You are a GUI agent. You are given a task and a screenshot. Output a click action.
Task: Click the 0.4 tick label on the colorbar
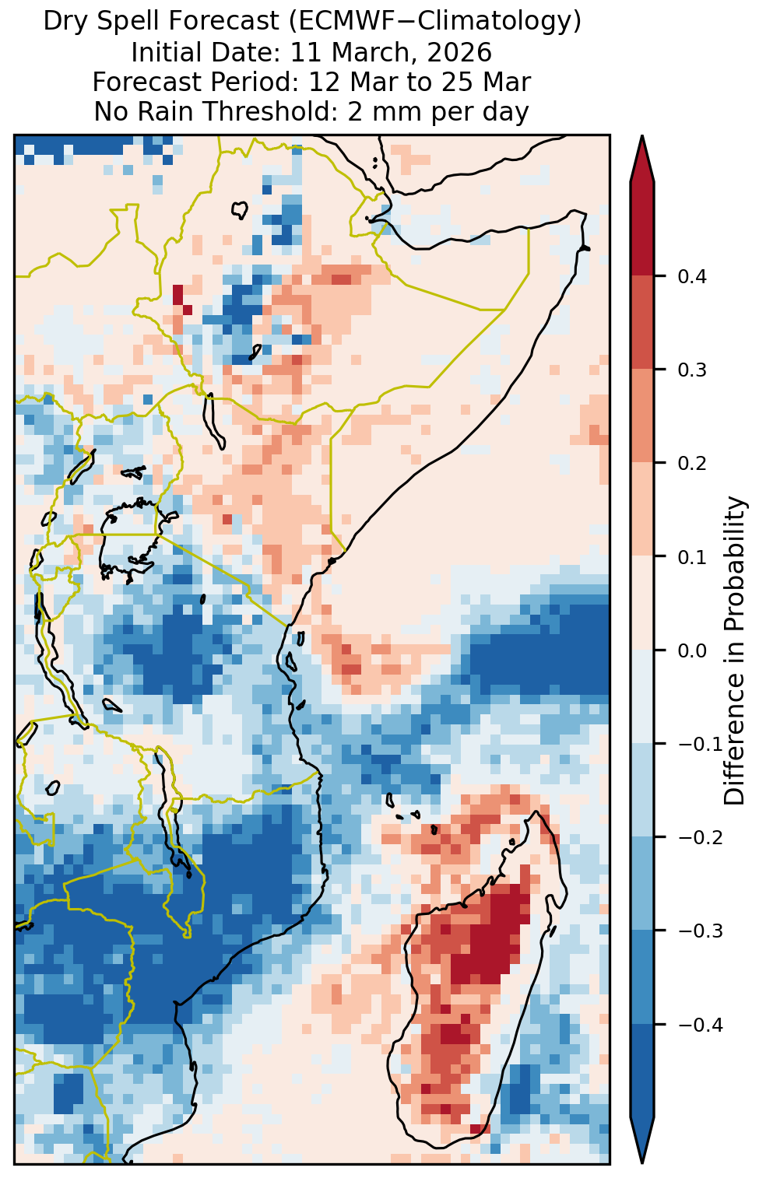692,277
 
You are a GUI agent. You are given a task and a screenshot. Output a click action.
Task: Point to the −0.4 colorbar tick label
701,1025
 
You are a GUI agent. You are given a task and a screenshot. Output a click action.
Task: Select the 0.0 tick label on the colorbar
692,651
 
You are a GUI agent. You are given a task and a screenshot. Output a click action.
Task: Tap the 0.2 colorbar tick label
692,464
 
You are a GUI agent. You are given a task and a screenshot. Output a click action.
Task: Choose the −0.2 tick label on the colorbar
701,838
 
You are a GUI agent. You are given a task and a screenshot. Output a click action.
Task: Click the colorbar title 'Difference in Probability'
735,650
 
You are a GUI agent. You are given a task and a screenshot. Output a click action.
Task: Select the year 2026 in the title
459,52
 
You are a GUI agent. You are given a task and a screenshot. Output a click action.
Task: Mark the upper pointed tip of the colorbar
642,135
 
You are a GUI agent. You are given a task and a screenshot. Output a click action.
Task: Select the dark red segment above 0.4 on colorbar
642,230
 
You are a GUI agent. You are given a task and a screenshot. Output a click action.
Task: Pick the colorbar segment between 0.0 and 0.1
642,603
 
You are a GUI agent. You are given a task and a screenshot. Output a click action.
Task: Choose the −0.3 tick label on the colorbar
701,931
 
